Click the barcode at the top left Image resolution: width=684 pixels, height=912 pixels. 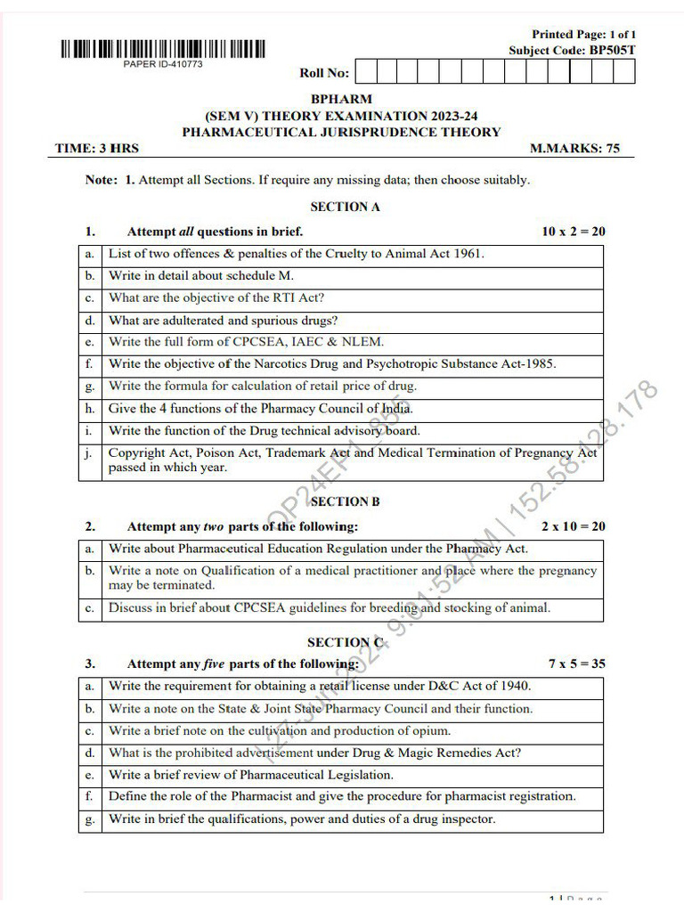tap(163, 50)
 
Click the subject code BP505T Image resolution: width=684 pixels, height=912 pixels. tap(613, 51)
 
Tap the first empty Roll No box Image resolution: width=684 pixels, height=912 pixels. tap(365, 72)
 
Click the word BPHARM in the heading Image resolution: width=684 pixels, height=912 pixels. tap(341, 100)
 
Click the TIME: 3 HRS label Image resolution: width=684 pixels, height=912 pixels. tap(97, 149)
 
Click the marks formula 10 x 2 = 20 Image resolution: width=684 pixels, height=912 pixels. tap(574, 232)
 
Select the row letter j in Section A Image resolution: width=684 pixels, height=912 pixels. tap(89, 452)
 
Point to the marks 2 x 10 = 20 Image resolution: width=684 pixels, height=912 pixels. tap(574, 526)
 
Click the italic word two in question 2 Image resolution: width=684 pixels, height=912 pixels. tap(214, 526)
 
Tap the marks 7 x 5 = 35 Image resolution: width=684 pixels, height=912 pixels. tap(577, 664)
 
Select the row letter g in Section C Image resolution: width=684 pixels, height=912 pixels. tap(89, 819)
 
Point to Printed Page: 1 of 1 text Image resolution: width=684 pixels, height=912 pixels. tap(584, 35)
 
